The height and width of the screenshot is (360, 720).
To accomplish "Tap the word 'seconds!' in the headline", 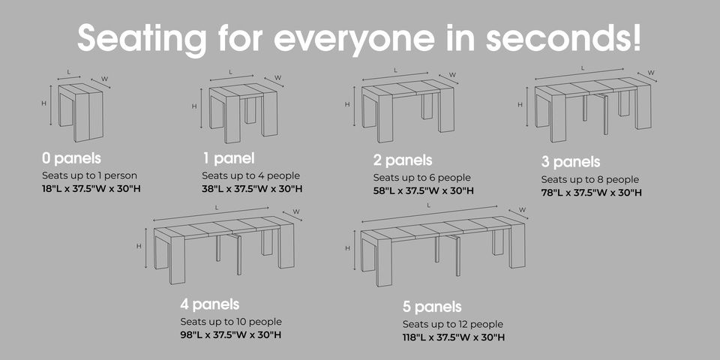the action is tap(563, 37).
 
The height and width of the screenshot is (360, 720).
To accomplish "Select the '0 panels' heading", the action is tap(72, 158).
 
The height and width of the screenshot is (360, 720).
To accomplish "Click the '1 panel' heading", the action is tap(228, 158).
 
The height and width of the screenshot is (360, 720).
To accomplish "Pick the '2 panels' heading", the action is tap(403, 160).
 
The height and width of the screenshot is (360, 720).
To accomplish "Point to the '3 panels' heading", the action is tap(571, 162).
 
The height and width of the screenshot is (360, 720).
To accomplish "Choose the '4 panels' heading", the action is tap(210, 304).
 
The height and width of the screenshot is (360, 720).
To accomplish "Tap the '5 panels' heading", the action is tap(432, 306).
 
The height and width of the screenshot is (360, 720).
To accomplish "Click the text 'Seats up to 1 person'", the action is tap(89, 175).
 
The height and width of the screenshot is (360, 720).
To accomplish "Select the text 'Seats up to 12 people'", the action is tap(453, 325).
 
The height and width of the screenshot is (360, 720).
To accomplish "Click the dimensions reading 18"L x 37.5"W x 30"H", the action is tap(91, 189).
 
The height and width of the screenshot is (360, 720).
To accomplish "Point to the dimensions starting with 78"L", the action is tap(592, 193).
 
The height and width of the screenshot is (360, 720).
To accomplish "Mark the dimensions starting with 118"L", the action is tap(454, 337).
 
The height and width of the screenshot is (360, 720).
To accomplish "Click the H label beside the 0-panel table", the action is tap(44, 103).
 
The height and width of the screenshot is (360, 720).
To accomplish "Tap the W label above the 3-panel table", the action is tap(651, 73).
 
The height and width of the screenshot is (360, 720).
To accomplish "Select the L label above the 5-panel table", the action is tap(429, 205).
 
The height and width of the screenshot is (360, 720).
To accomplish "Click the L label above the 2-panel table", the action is tap(395, 70).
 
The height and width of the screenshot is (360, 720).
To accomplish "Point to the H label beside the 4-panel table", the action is tap(139, 246).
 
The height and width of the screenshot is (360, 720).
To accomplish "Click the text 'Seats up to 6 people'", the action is tap(422, 178).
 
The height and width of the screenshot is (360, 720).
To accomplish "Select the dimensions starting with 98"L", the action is tap(230, 334).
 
